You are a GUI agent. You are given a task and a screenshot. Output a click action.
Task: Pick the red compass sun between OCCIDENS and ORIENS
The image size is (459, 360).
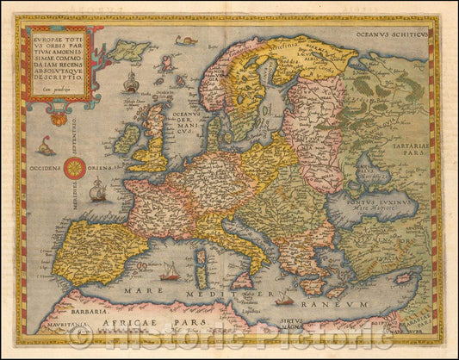point(73,168)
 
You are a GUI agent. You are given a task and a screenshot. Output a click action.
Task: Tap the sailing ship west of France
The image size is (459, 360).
point(97,191)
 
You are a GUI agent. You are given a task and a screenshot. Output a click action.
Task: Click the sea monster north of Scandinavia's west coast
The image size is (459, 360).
point(185,40)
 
